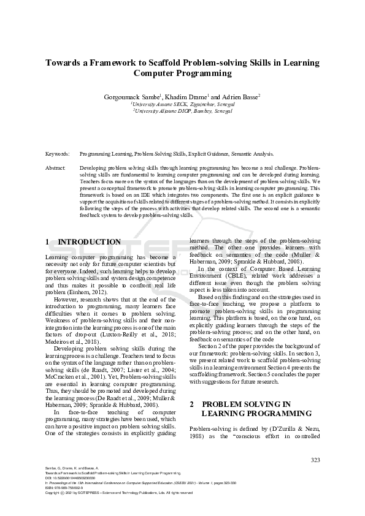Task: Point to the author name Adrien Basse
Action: (x=240, y=96)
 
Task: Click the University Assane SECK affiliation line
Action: (x=183, y=104)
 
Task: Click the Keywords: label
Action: (x=58, y=154)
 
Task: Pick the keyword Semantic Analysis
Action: (x=253, y=154)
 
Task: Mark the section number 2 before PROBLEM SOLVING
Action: (x=192, y=404)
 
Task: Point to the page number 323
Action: (x=315, y=460)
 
